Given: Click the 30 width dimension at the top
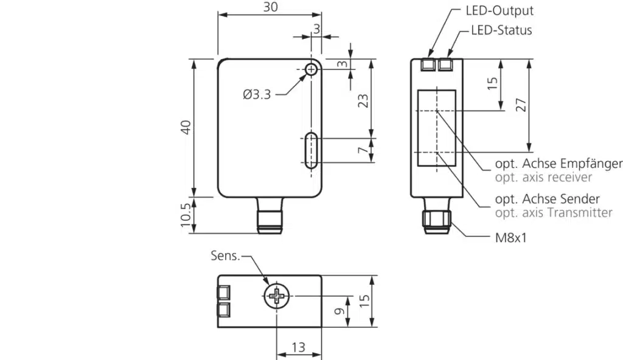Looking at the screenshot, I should [x=270, y=7].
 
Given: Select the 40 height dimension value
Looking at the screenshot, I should [x=186, y=128].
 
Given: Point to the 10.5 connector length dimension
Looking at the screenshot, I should [x=186, y=215].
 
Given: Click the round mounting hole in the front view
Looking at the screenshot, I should [x=311, y=69].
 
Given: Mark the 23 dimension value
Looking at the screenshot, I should [x=363, y=100].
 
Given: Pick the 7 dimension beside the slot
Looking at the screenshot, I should [x=363, y=151].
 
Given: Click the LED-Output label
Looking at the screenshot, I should [x=499, y=10].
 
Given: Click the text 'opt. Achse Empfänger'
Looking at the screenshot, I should [x=559, y=164].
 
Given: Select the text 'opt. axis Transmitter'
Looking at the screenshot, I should [x=554, y=213].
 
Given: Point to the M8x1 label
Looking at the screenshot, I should [x=510, y=237].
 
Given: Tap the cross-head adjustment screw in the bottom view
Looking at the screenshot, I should [x=277, y=297].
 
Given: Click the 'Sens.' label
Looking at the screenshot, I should [x=226, y=255].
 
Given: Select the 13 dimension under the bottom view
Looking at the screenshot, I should [x=298, y=347].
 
